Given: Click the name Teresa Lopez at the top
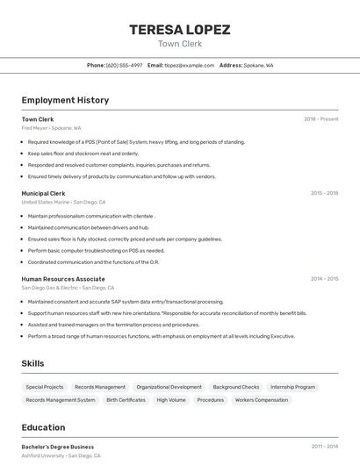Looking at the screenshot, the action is point(179,29).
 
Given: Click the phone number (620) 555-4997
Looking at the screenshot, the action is point(124,65).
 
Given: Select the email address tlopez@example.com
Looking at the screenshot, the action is point(189,65).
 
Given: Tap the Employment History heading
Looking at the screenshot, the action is point(65,100).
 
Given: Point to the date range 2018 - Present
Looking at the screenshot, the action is point(320,119).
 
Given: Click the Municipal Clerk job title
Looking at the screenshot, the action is point(43,193).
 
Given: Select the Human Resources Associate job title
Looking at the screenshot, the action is point(63,279).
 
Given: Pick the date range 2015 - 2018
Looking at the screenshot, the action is point(324,193).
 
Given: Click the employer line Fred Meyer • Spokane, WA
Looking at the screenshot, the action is point(51,128).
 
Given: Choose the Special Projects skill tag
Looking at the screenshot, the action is point(44,387).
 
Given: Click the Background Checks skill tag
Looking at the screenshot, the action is point(235,387).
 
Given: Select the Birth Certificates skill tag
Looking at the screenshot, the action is point(126,400).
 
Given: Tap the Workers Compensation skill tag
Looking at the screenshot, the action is point(261,400).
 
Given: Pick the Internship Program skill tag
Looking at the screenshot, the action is point(292,387).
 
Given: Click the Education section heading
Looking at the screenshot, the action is point(43,428).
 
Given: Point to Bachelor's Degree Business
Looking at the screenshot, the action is point(57,447).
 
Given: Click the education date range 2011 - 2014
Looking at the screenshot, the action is point(324,447).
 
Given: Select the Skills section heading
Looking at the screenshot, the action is point(32,363).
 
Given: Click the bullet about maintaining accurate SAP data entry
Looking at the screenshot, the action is point(126,302).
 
